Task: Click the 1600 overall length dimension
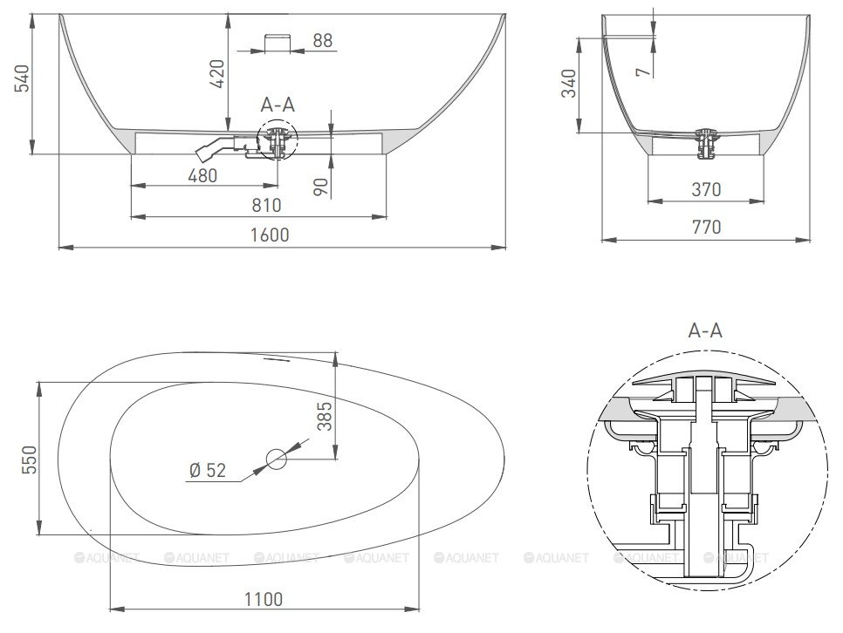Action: tap(270, 235)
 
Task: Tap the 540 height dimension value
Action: tap(23, 78)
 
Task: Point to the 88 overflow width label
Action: tap(323, 40)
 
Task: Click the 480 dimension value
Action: tap(202, 175)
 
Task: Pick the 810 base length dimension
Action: tap(267, 205)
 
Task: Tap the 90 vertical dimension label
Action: tap(320, 187)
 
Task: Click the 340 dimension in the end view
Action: tap(569, 84)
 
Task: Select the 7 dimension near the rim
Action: tap(644, 71)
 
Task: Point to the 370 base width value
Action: tap(706, 189)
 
